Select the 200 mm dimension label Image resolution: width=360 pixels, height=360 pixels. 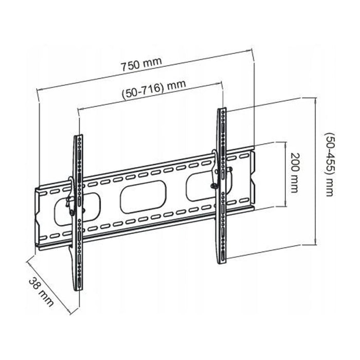(295, 173)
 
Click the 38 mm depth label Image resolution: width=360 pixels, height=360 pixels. (41, 292)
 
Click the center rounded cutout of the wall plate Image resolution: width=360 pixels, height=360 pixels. (143, 196)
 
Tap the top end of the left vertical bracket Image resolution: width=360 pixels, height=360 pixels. (78, 136)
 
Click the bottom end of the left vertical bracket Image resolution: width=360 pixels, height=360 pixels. (78, 291)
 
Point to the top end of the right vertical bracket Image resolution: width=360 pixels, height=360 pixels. (222, 109)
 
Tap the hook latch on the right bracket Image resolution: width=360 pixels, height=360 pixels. (214, 170)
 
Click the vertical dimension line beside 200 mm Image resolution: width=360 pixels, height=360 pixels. (285, 174)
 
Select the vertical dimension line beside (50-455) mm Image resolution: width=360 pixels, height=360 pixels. (316, 171)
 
